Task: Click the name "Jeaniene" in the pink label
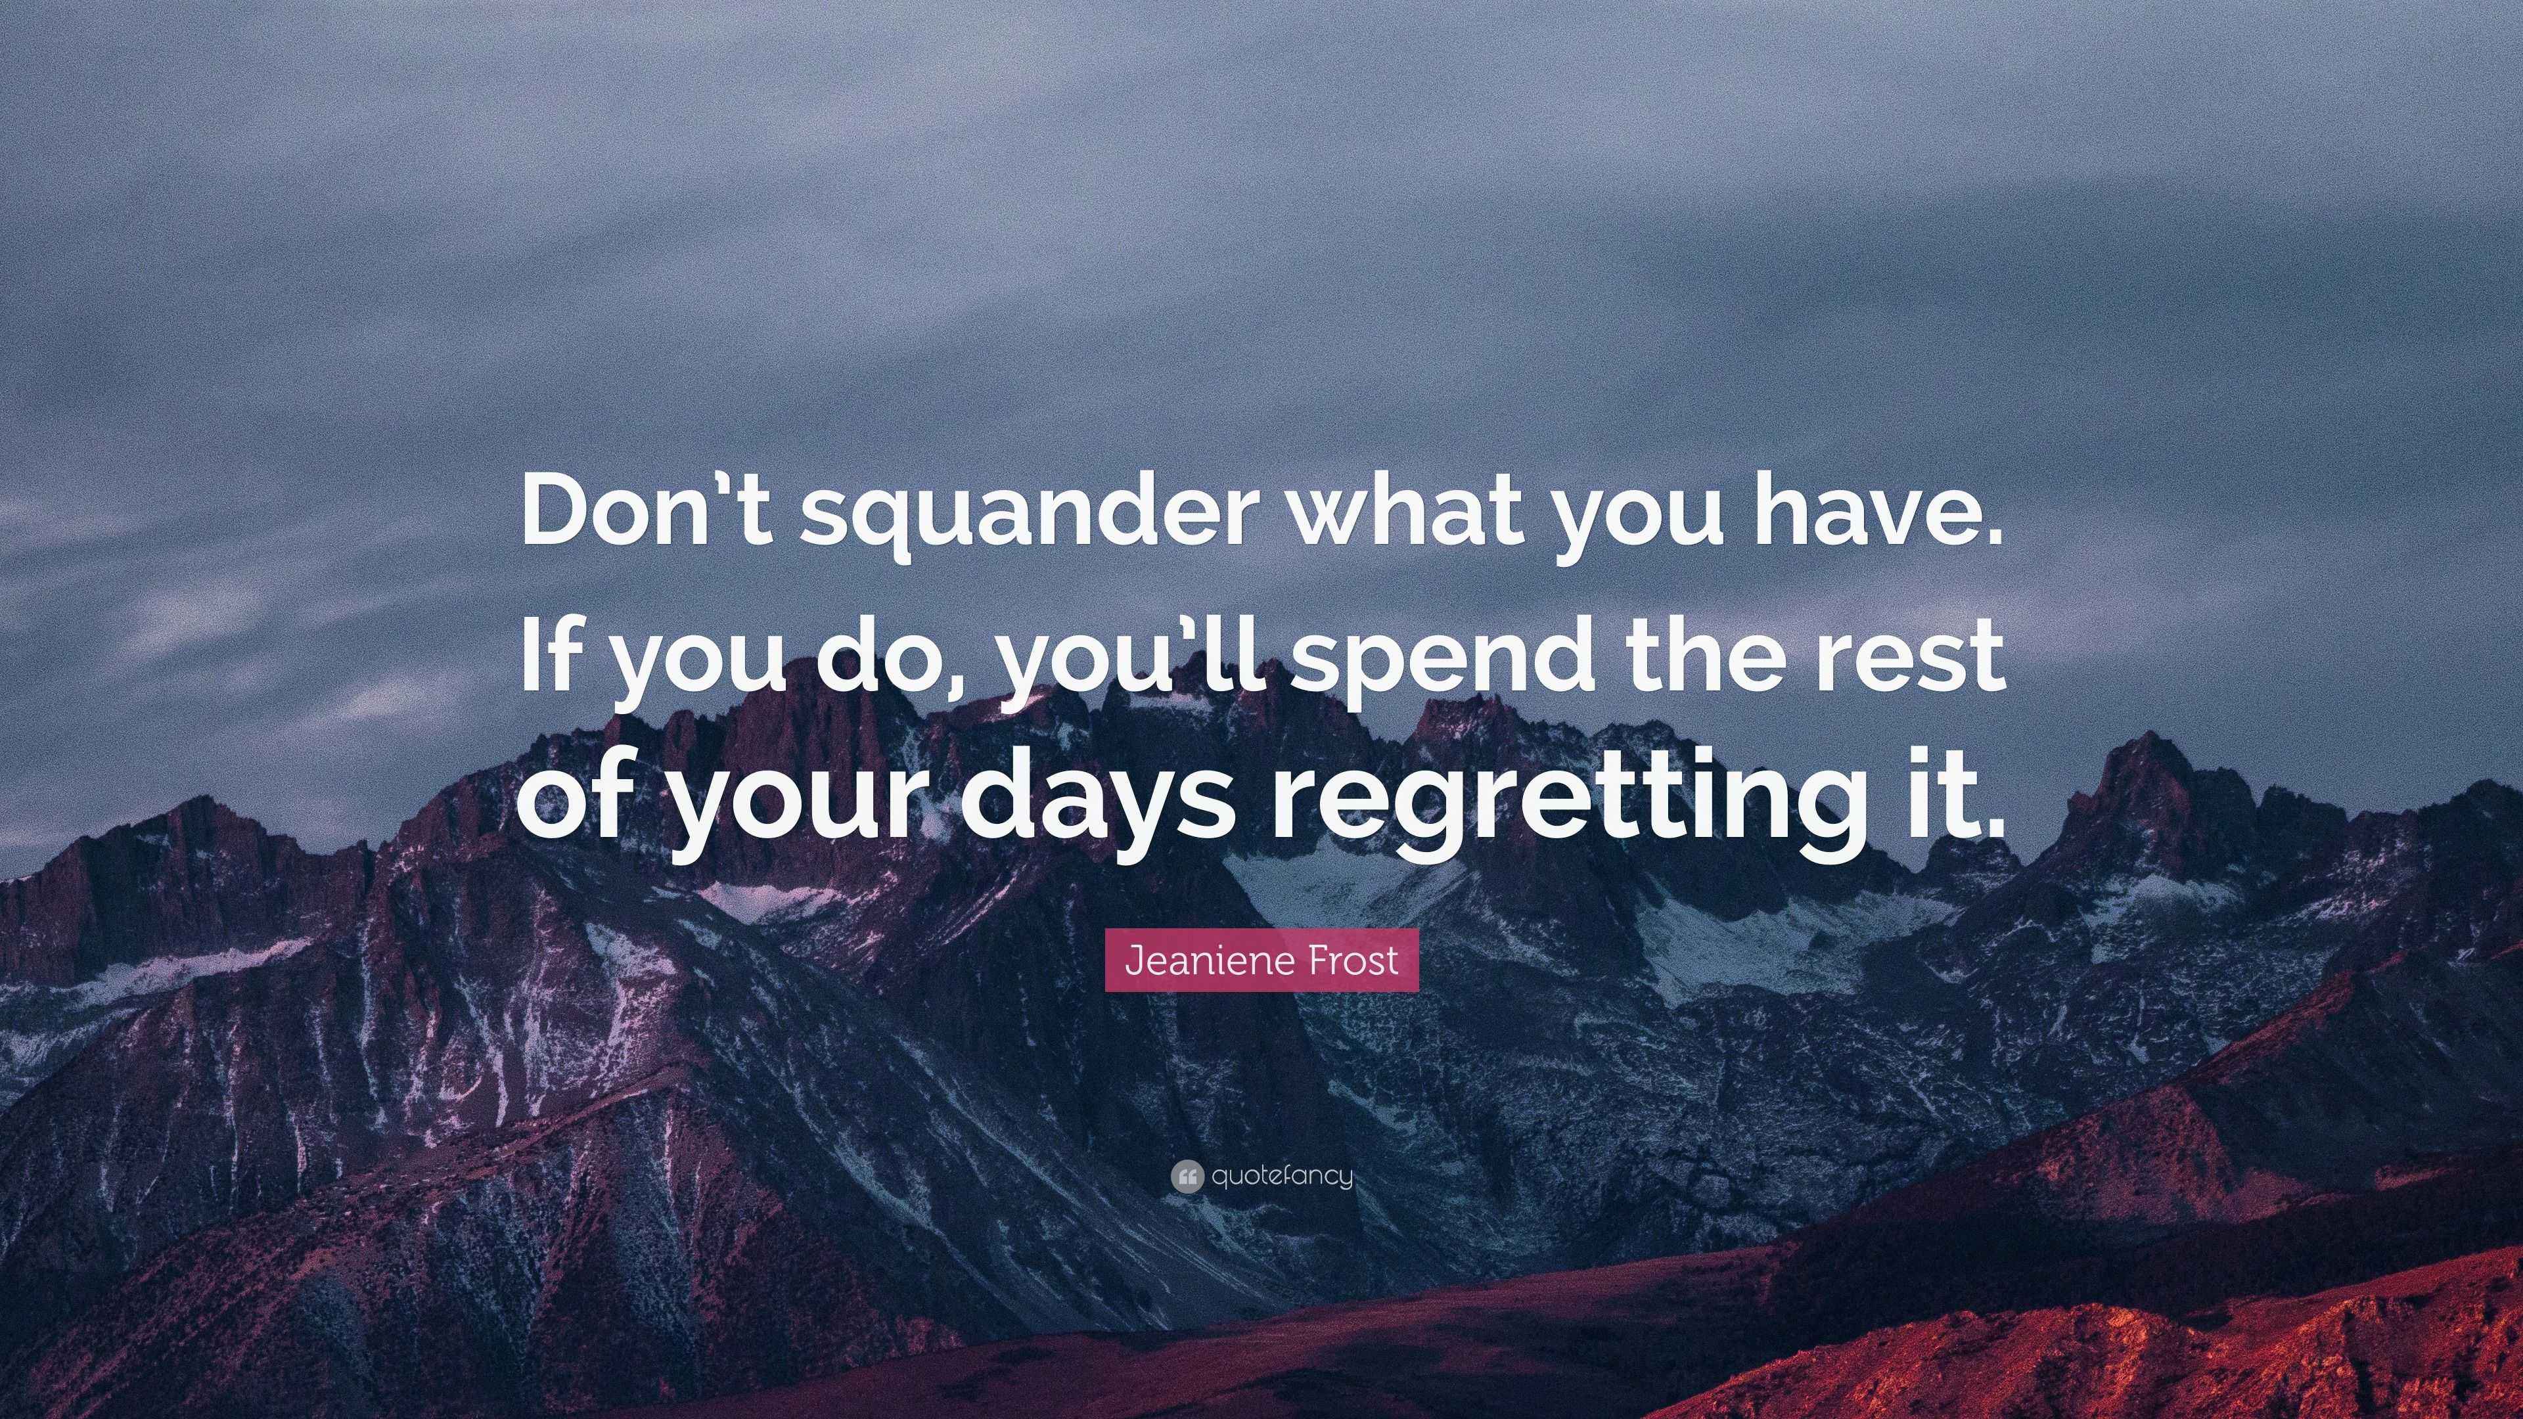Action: click(1209, 960)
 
